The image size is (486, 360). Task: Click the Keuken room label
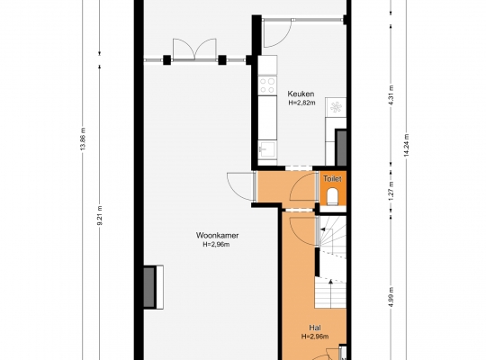[x=301, y=94]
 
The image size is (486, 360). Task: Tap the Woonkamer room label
[x=217, y=235]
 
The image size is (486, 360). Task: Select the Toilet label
[x=332, y=179]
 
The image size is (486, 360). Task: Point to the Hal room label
[x=315, y=328]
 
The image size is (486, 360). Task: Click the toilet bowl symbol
[x=332, y=196]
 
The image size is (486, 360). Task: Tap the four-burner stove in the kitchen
[x=267, y=85]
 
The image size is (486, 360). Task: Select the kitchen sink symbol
[x=267, y=150]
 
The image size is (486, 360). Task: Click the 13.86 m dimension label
[x=83, y=139]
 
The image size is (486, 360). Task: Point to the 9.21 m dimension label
[x=100, y=215]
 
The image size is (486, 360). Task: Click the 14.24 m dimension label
[x=407, y=145]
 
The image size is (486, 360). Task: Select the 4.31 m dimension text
[x=391, y=95]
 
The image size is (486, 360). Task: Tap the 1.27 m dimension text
[x=391, y=191]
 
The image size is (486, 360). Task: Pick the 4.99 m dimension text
[x=391, y=297]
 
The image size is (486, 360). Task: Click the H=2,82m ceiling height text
[x=301, y=103]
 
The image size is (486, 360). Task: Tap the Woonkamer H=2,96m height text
[x=216, y=244]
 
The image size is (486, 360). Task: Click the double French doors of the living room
[x=194, y=49]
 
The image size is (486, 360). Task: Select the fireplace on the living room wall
[x=153, y=287]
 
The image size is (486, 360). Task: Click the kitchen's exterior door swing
[x=277, y=33]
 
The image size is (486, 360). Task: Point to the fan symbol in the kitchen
[x=336, y=107]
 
